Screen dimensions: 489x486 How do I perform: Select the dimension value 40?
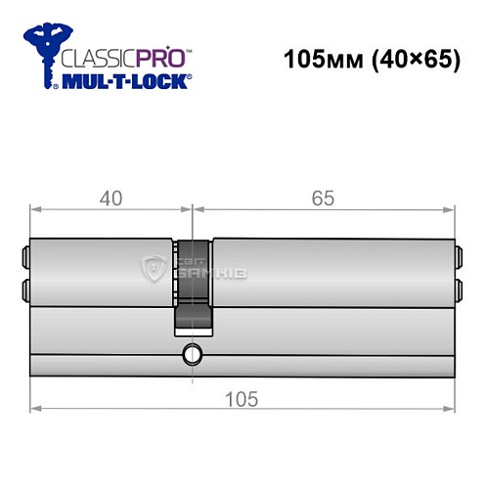(110, 200)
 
